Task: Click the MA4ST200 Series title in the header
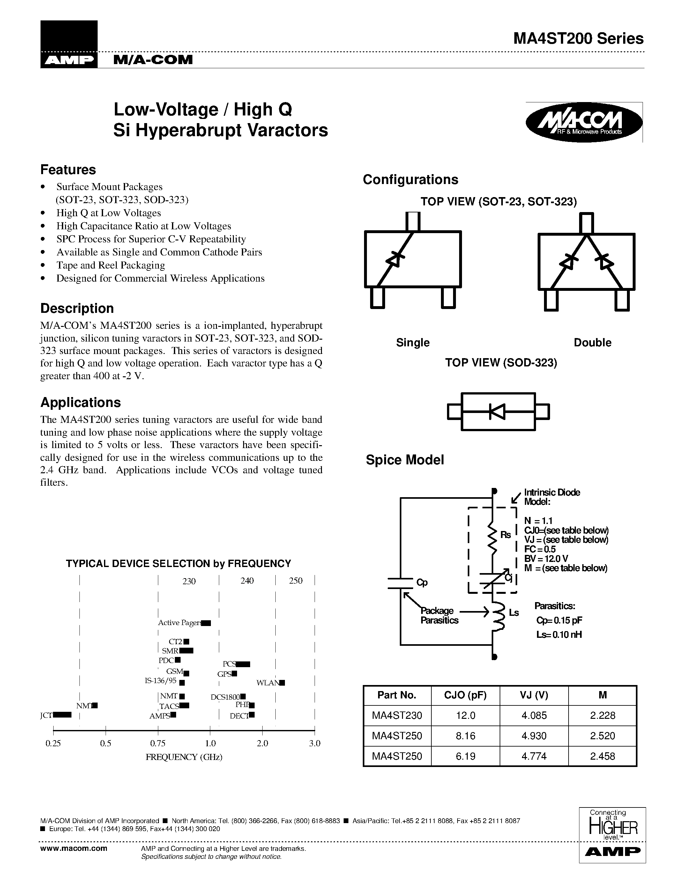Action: [578, 39]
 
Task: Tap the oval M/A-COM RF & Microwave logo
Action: [584, 123]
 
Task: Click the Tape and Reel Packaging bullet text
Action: [110, 265]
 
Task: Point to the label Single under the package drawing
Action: [413, 343]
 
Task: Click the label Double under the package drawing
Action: [592, 343]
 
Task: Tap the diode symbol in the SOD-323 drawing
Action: [497, 412]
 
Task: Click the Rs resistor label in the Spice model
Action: [505, 535]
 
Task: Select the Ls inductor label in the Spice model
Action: [514, 613]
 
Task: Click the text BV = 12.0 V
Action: [546, 558]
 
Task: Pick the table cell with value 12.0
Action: [465, 715]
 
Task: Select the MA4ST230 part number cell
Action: [397, 715]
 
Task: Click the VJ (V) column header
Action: [534, 695]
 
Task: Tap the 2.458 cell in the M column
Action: [602, 756]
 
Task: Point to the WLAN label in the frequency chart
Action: [267, 683]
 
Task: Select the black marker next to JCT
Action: [62, 714]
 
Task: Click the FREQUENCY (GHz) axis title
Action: [184, 757]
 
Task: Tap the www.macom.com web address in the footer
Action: [74, 848]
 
